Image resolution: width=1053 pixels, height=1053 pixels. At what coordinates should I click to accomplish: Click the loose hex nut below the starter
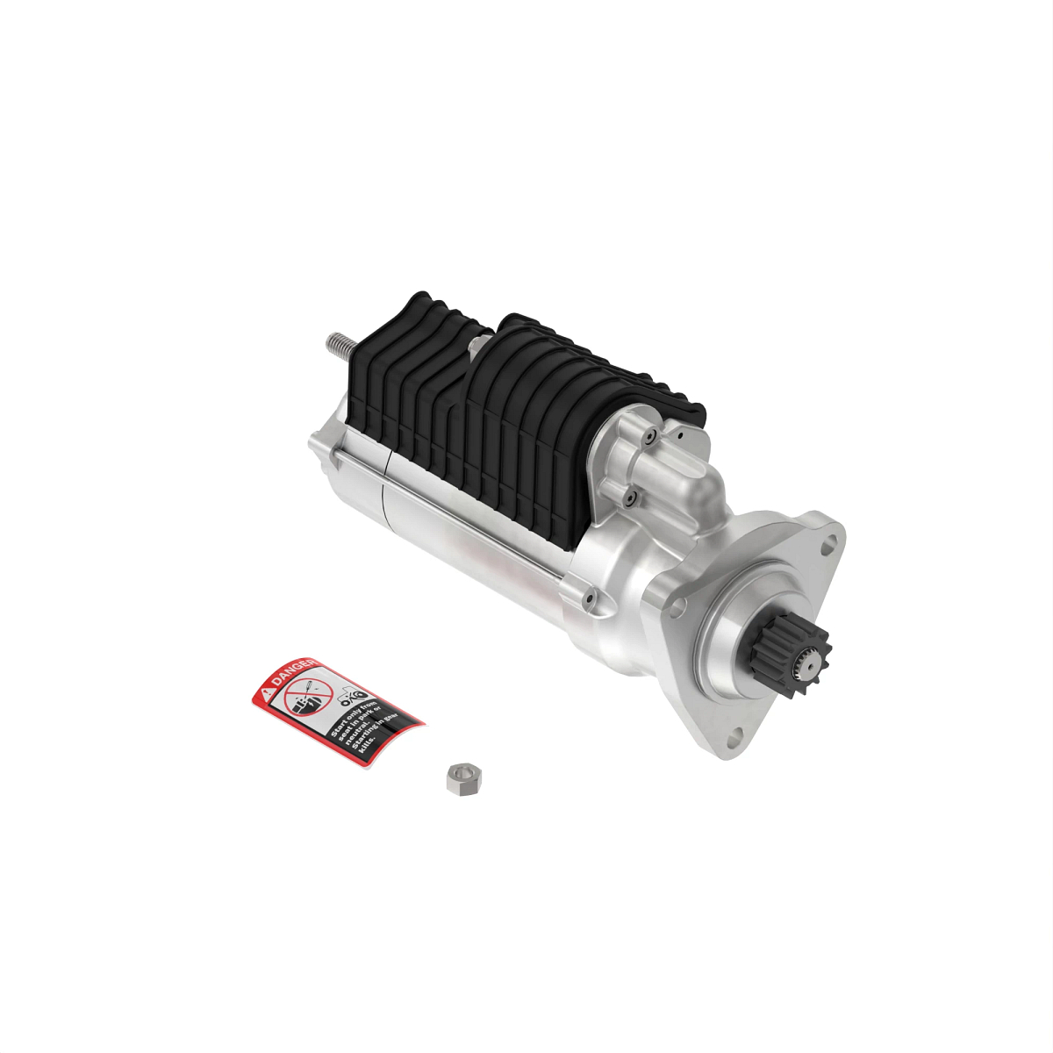pyautogui.click(x=459, y=777)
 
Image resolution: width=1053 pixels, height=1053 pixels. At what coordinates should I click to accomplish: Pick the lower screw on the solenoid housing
pyautogui.click(x=630, y=498)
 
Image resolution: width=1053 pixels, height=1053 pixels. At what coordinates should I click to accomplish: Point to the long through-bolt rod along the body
pyautogui.click(x=456, y=518)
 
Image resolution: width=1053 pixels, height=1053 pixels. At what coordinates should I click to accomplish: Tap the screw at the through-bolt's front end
pyautogui.click(x=588, y=598)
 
